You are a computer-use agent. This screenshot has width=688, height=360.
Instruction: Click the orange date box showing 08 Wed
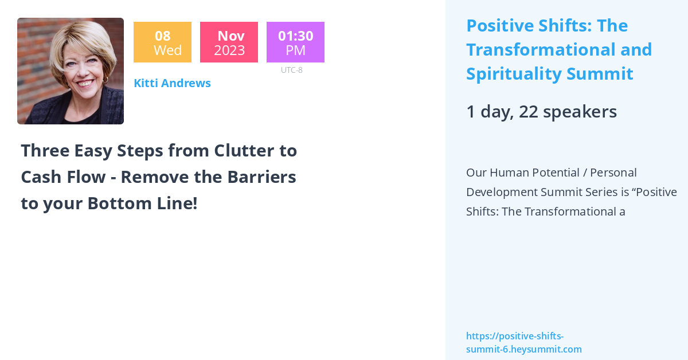point(162,42)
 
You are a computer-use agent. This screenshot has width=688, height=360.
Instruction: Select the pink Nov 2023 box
point(229,42)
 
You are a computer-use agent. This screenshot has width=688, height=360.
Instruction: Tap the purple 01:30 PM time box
point(295,42)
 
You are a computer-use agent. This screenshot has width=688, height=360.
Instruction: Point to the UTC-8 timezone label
point(291,70)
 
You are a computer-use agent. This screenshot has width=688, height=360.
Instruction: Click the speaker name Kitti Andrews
point(173,83)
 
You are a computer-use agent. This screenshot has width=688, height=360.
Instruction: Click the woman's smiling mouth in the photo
point(85,83)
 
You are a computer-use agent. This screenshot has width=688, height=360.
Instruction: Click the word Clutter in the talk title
point(244,151)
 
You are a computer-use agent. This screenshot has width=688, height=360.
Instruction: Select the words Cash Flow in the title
point(63,177)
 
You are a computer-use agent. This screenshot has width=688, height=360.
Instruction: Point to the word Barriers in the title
point(261,177)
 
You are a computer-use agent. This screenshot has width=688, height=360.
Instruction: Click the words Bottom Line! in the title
point(143,204)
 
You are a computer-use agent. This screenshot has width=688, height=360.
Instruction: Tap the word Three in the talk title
point(45,151)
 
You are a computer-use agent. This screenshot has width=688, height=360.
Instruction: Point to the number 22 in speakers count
point(528,112)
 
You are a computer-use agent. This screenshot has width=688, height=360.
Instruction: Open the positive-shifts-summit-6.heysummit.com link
point(524,342)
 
